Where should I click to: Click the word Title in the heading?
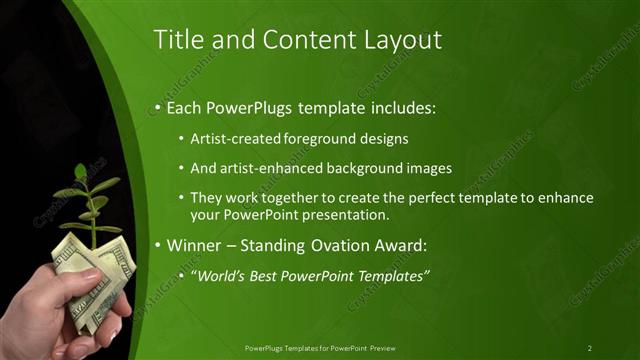pos(177,40)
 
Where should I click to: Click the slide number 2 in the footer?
pos(590,347)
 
